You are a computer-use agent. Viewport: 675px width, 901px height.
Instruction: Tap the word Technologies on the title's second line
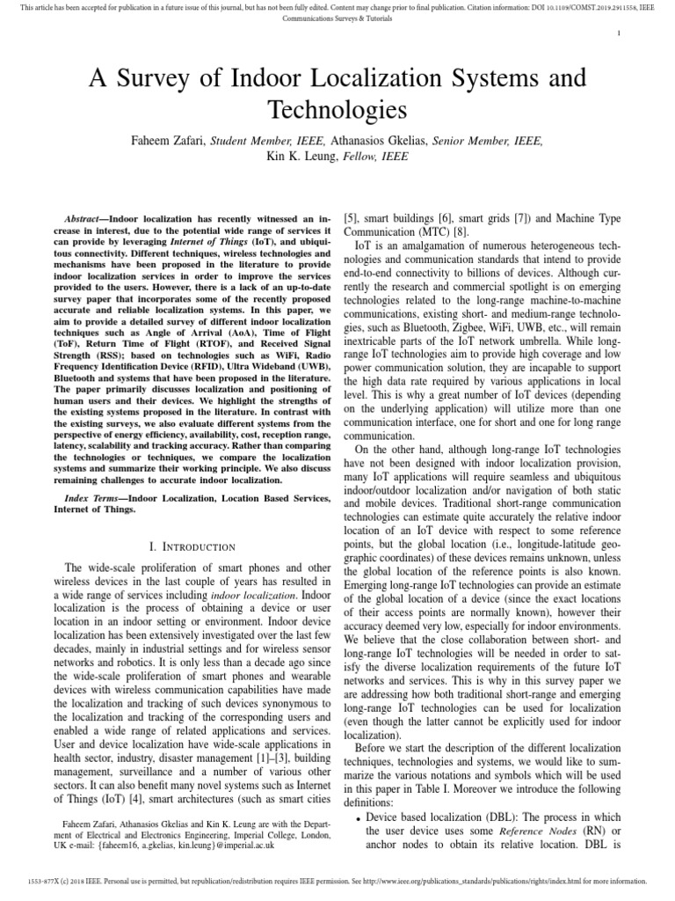337,110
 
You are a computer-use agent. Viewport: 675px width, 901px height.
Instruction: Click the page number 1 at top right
621,33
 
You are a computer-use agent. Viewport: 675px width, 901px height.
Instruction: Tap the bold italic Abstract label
85,216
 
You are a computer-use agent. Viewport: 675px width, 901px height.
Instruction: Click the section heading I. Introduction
192,546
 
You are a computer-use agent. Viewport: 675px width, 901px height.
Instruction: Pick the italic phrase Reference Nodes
533,832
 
